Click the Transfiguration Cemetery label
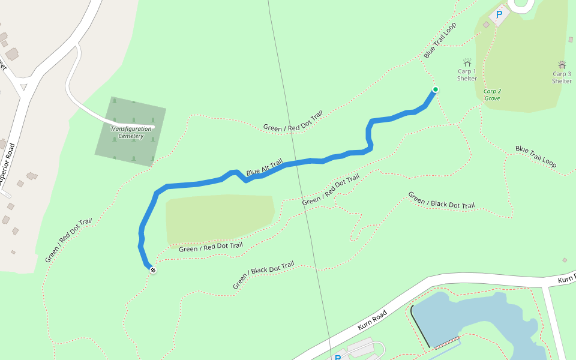tap(131, 132)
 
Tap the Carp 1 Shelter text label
tap(467, 75)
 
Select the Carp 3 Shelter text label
tap(562, 77)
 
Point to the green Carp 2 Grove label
tap(492, 95)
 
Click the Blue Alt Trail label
tap(264, 168)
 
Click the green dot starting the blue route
tap(435, 90)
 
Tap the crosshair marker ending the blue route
tap(153, 270)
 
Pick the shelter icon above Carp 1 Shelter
tap(467, 62)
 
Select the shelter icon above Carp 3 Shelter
tap(562, 64)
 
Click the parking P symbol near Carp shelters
tap(499, 14)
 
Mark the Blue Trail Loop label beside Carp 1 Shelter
tap(440, 40)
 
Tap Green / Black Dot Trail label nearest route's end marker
tap(263, 275)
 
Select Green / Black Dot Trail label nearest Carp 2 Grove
tap(441, 200)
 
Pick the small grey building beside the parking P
tap(486, 25)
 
